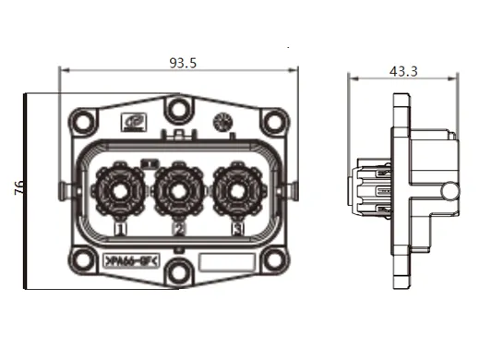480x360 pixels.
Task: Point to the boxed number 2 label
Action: click(178, 227)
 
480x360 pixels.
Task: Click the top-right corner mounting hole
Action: click(273, 119)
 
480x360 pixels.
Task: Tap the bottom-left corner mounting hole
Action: click(82, 262)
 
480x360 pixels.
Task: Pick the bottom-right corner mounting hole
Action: click(273, 262)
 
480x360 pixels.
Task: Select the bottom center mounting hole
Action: click(178, 270)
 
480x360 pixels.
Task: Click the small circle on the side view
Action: click(450, 192)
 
